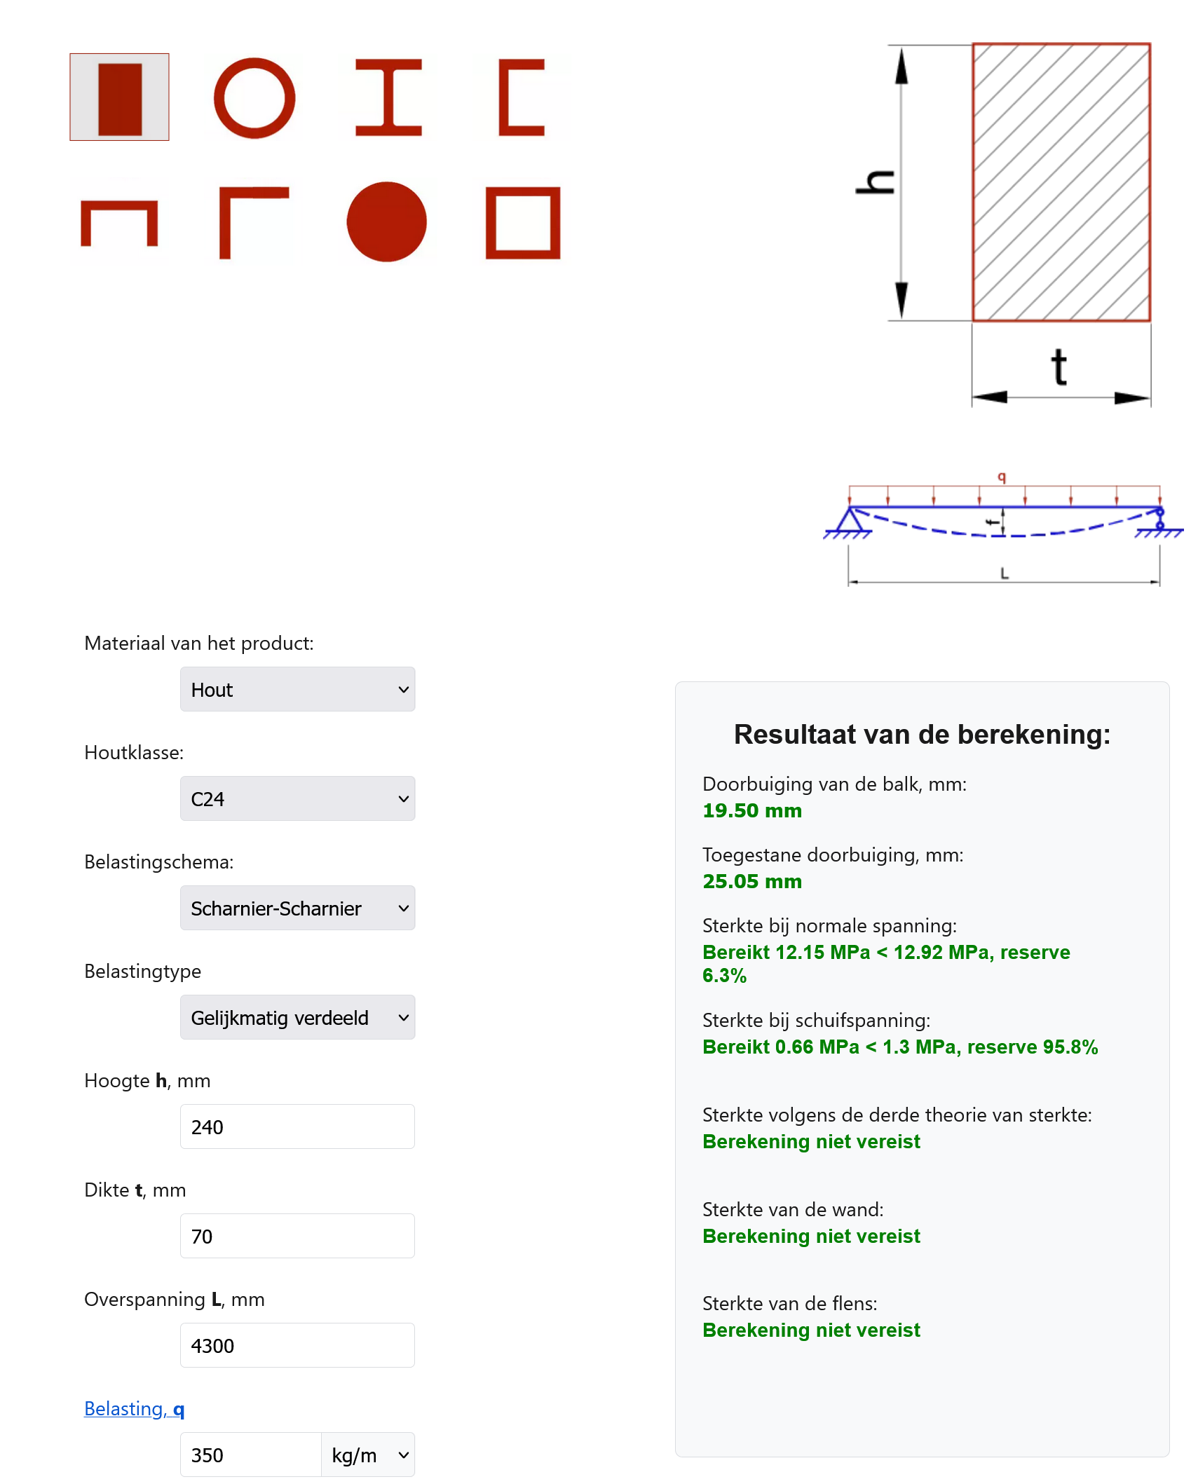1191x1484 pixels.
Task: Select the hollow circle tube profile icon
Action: [x=254, y=98]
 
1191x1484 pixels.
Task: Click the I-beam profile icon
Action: [x=388, y=97]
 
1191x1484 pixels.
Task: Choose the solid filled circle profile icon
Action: [x=386, y=222]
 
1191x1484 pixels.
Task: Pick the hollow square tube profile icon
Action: [x=523, y=222]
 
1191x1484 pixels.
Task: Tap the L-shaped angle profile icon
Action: [x=253, y=222]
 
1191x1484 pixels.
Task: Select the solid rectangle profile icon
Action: [x=119, y=97]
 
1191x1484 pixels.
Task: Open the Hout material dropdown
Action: [x=297, y=690]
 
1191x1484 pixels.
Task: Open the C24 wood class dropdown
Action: [x=297, y=799]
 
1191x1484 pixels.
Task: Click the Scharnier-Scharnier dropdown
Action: [x=297, y=908]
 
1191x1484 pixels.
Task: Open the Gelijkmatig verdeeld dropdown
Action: [x=297, y=1018]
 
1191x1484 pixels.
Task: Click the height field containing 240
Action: [x=297, y=1127]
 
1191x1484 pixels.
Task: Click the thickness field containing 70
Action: [x=297, y=1237]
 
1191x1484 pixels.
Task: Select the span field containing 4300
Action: [x=297, y=1346]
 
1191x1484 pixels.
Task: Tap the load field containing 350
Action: [x=250, y=1455]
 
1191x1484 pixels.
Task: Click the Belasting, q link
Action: [x=134, y=1409]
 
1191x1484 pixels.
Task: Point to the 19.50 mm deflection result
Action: [x=752, y=811]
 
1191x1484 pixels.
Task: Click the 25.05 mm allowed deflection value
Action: [x=752, y=882]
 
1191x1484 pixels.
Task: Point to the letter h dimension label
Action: [x=876, y=182]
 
